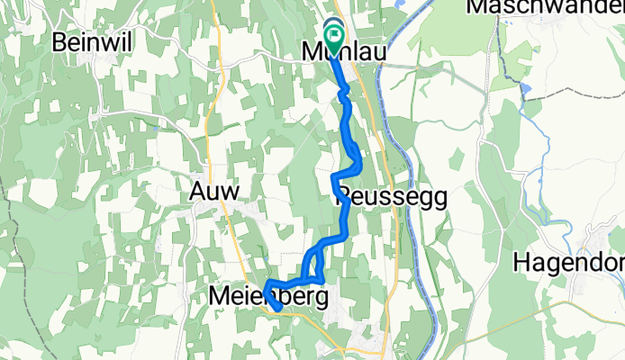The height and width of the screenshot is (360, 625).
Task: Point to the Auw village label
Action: point(215,191)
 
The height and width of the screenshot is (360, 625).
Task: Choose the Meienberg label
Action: point(267,295)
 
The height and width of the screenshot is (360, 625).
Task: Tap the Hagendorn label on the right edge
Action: point(569,263)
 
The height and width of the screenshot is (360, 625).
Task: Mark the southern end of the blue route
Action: point(278,309)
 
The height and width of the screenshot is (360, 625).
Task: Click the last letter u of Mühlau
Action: point(381,54)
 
